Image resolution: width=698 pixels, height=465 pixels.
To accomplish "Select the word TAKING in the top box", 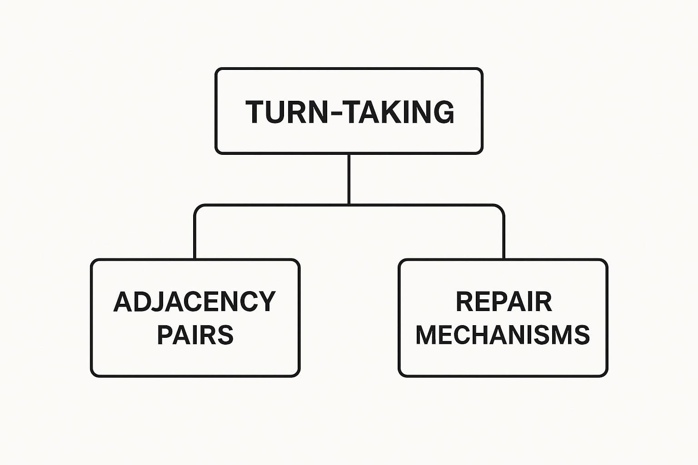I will pyautogui.click(x=400, y=112).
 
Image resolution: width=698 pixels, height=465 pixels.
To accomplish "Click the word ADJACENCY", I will pyautogui.click(x=194, y=301).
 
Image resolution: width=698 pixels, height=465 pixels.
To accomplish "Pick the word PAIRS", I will pyautogui.click(x=195, y=335).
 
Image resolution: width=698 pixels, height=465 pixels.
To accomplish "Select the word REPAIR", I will pyautogui.click(x=504, y=302).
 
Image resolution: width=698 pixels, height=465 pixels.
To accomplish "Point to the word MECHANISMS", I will pyautogui.click(x=503, y=335).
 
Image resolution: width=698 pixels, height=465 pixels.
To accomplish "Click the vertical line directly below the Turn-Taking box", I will pyautogui.click(x=349, y=179).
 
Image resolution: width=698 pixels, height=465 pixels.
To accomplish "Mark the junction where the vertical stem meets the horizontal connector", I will pyautogui.click(x=349, y=205).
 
